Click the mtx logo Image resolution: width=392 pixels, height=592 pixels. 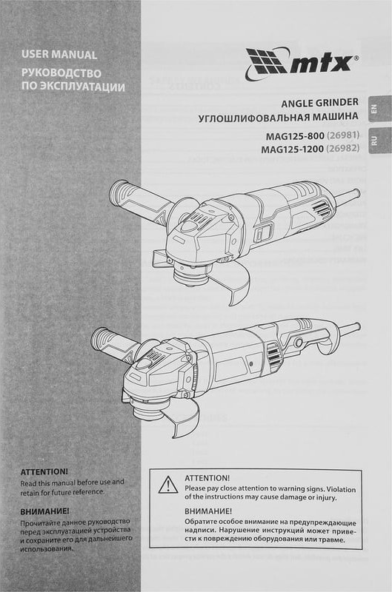click(302, 64)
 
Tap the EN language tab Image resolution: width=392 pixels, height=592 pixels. click(379, 109)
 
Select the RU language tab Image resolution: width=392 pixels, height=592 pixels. click(379, 141)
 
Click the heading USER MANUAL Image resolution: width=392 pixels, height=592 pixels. click(59, 54)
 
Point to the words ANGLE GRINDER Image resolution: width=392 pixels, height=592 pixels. click(319, 103)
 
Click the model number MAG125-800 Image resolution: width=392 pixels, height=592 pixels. click(295, 135)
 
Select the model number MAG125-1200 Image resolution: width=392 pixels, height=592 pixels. click(292, 149)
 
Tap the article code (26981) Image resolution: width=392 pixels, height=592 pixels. click(342, 135)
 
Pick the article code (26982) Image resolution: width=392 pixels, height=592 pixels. click(342, 149)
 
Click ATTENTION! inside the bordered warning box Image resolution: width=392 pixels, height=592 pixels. click(207, 478)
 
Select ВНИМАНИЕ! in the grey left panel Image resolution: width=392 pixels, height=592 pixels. click(44, 511)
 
